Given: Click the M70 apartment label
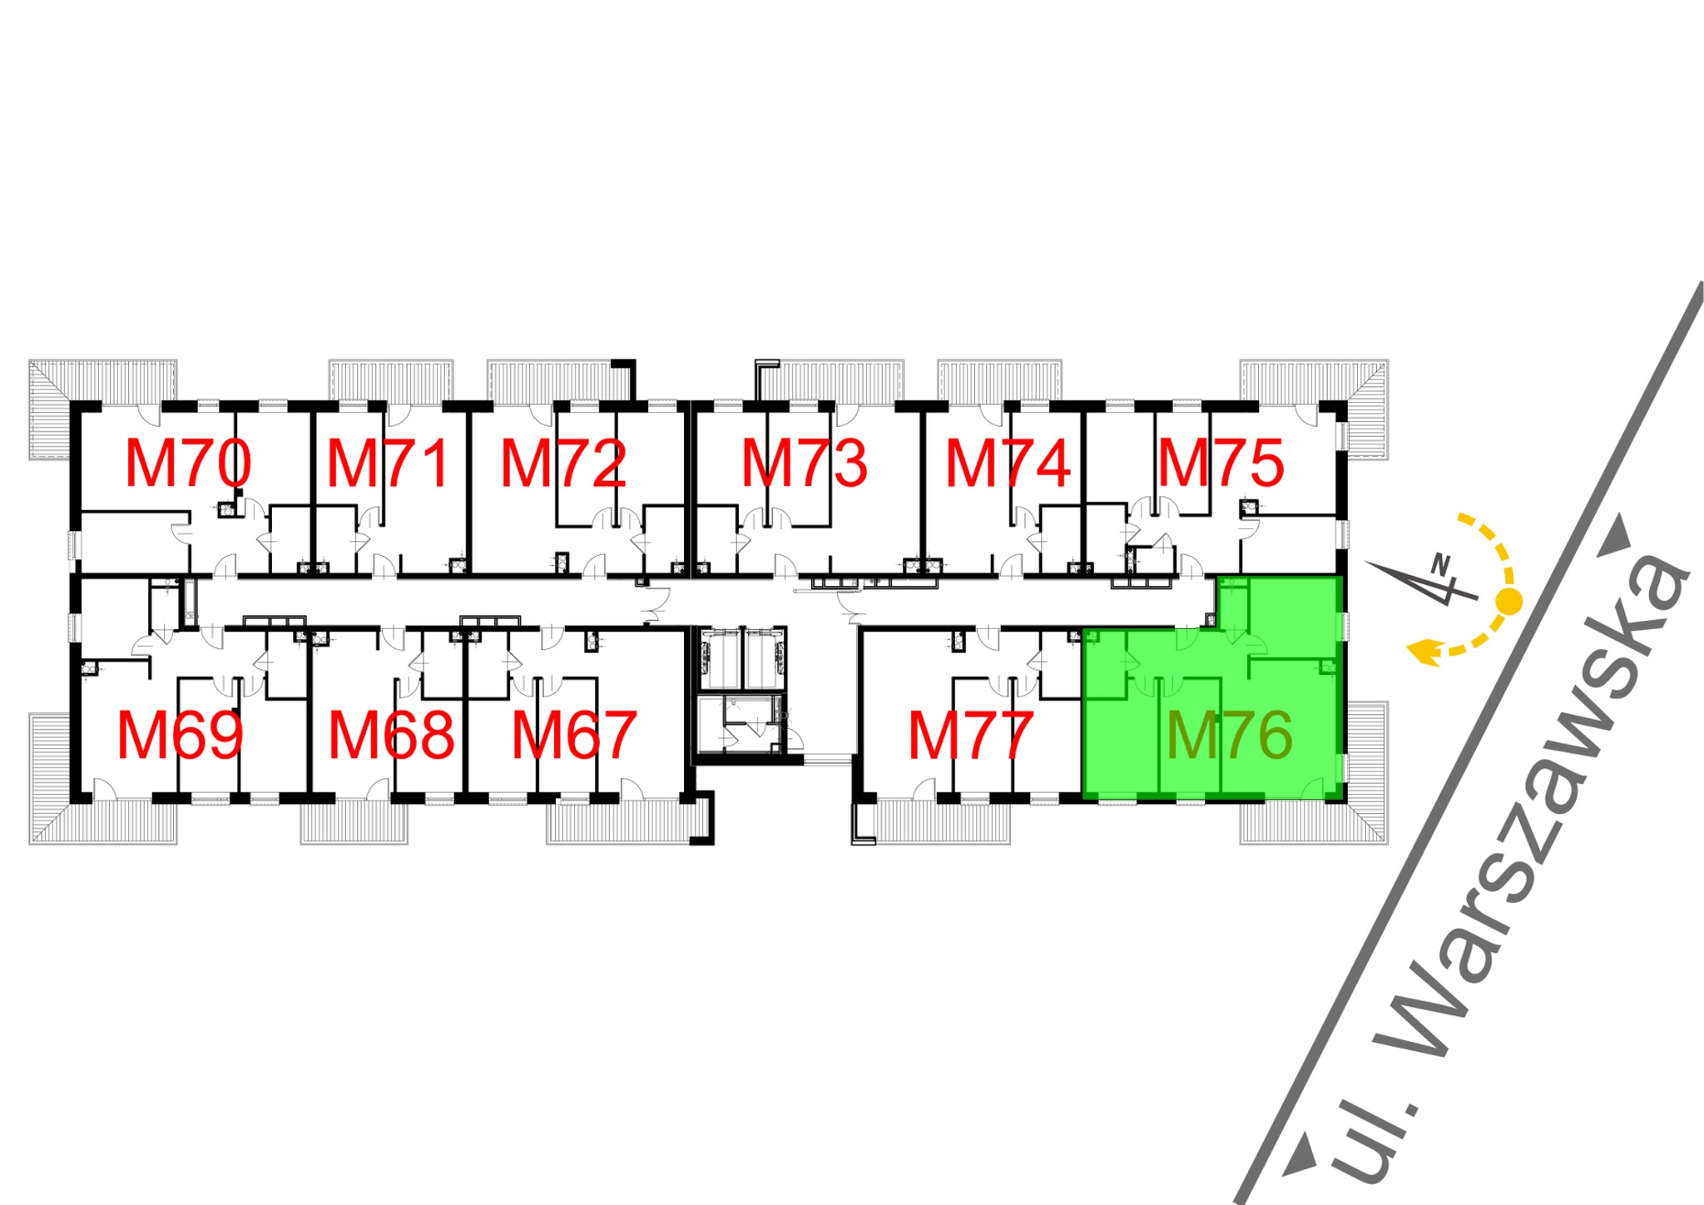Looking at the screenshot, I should tap(188, 464).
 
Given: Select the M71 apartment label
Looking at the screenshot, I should tap(388, 464).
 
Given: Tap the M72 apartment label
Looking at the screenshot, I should tap(563, 464).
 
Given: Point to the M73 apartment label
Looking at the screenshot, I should tap(805, 464).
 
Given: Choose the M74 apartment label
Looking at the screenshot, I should tap(1008, 464).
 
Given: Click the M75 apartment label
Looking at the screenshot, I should tap(1221, 464).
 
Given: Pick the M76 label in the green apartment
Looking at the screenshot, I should tap(1229, 736).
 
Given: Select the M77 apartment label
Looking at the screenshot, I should tap(971, 736).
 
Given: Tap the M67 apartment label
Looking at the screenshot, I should tap(574, 736).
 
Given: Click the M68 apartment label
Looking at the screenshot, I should tap(392, 736).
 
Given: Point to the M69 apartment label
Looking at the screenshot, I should tap(180, 736).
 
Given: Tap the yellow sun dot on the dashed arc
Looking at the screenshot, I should tap(1509, 600).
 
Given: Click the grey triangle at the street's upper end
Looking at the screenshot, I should tap(1617, 533).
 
